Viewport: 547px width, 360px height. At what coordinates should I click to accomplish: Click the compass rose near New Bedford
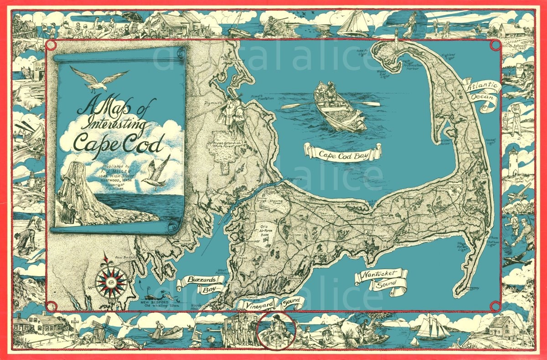[x=111, y=282]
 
